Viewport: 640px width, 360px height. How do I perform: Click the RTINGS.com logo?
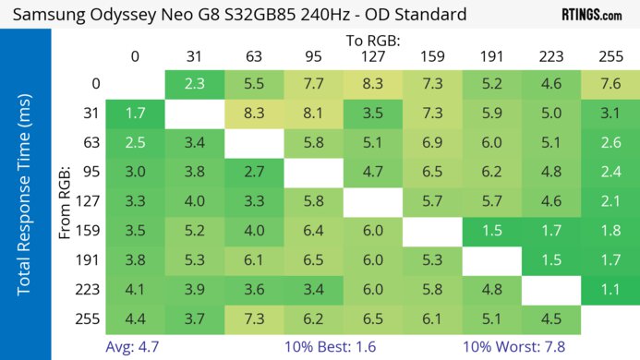pyautogui.click(x=591, y=15)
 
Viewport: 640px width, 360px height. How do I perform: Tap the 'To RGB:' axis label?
pyautogui.click(x=373, y=42)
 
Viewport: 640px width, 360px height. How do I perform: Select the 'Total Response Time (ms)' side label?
pyautogui.click(x=25, y=198)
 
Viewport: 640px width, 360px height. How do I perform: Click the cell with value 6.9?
pyautogui.click(x=431, y=143)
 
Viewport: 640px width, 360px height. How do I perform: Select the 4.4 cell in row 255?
pyautogui.click(x=135, y=318)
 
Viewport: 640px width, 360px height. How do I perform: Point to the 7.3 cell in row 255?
pyautogui.click(x=254, y=318)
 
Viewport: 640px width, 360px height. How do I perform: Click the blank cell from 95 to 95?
pyautogui.click(x=313, y=172)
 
